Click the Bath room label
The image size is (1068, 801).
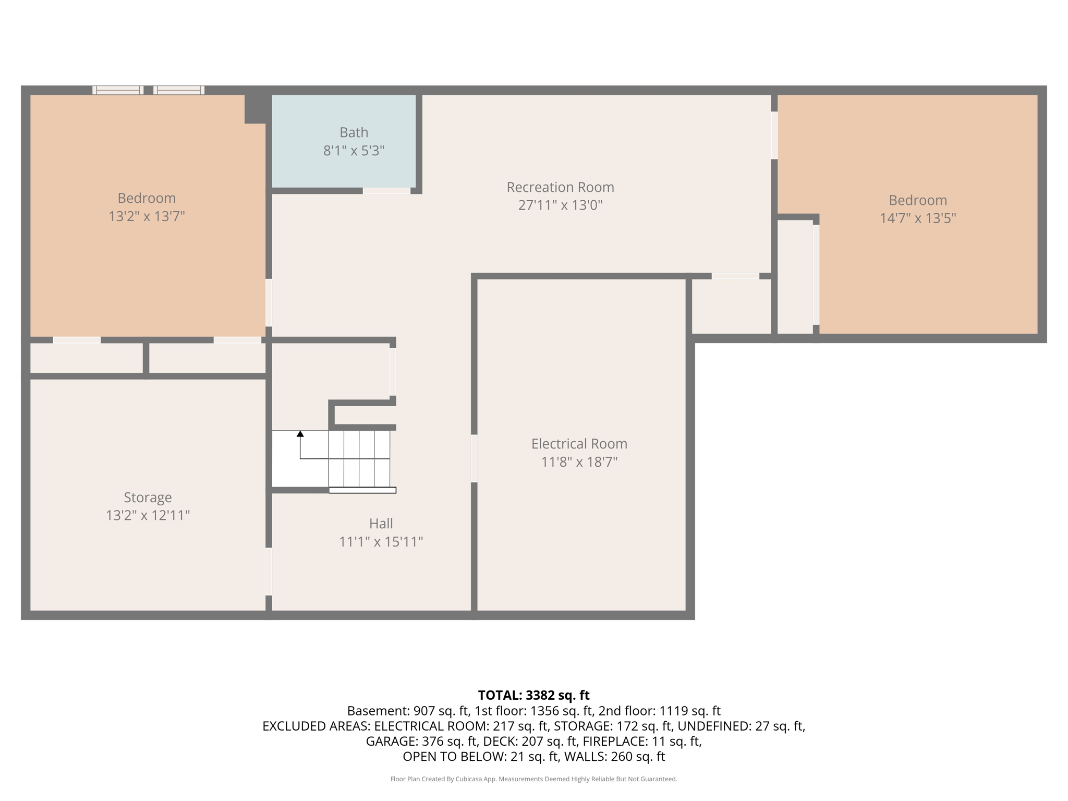tap(354, 132)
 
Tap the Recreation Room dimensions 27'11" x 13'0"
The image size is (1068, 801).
tap(560, 205)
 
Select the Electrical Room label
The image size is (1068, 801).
tap(579, 444)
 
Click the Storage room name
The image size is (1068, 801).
tap(148, 497)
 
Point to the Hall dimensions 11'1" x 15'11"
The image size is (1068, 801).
tap(381, 542)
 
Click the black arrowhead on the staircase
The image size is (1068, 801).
tap(300, 434)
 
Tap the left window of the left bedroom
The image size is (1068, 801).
tap(118, 90)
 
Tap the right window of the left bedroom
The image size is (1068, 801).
tap(179, 90)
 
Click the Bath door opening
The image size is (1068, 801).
tap(386, 191)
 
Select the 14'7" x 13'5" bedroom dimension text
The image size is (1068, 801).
tap(917, 218)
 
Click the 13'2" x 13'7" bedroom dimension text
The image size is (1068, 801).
tap(147, 216)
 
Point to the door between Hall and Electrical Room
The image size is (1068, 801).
tap(474, 458)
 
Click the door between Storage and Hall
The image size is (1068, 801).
tap(269, 571)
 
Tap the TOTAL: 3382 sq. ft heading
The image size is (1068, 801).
tap(533, 695)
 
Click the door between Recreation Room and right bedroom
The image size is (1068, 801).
tap(774, 136)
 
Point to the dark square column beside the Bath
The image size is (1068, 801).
tap(256, 108)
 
